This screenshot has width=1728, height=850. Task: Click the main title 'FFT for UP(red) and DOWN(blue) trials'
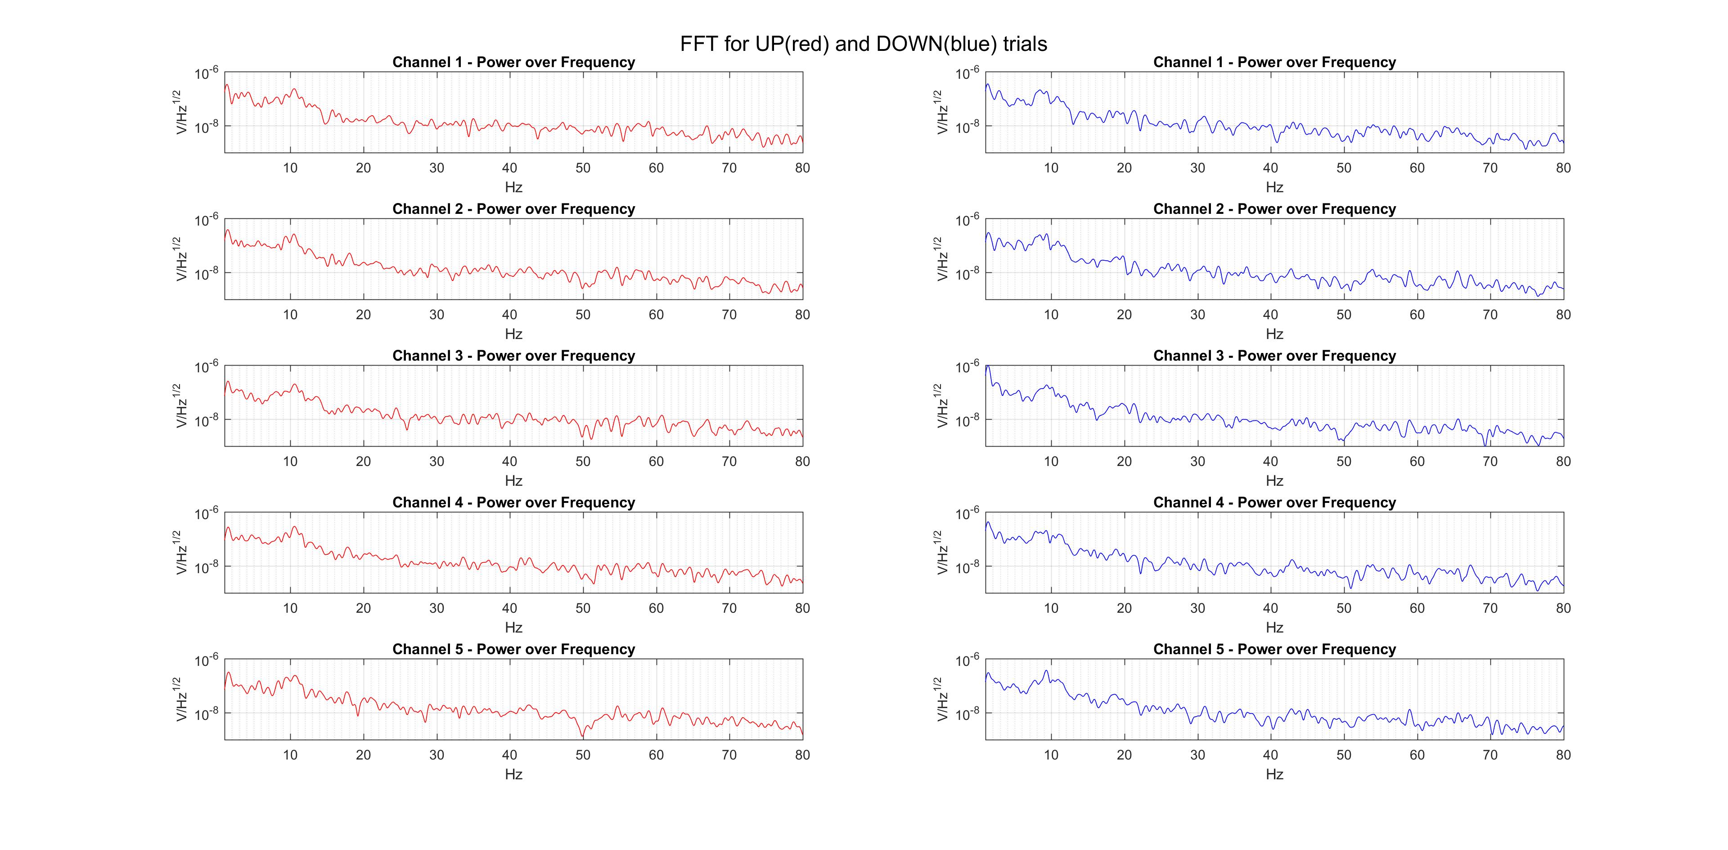click(x=864, y=44)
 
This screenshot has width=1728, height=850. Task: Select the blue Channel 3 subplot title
click(x=1274, y=356)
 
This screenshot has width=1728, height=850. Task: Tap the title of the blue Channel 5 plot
click(x=1274, y=649)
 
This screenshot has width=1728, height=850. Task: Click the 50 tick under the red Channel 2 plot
click(x=583, y=315)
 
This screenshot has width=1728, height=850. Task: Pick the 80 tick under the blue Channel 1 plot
click(x=1563, y=168)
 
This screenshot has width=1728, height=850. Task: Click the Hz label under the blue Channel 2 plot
click(x=1274, y=334)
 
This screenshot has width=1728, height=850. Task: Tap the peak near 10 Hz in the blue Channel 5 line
click(x=1046, y=670)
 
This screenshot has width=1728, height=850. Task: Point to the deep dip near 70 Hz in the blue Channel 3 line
click(x=1486, y=444)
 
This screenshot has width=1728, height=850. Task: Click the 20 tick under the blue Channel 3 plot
click(x=1124, y=461)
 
